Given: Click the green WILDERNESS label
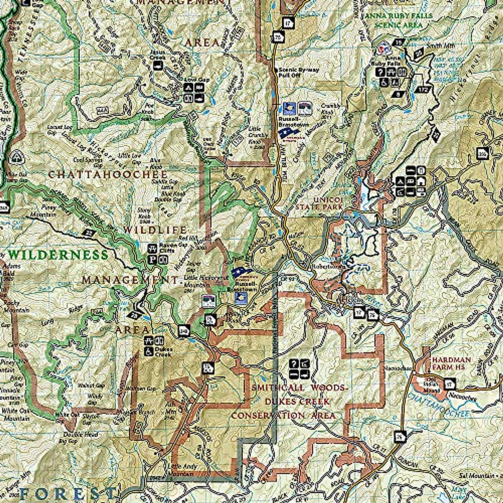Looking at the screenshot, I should click(58, 255).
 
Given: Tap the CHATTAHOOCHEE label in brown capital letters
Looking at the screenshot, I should click(108, 174).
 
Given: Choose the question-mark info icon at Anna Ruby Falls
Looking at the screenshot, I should click(381, 72).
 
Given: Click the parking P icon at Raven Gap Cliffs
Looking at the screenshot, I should click(152, 259).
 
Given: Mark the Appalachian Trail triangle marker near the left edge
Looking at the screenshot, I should click(17, 157).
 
